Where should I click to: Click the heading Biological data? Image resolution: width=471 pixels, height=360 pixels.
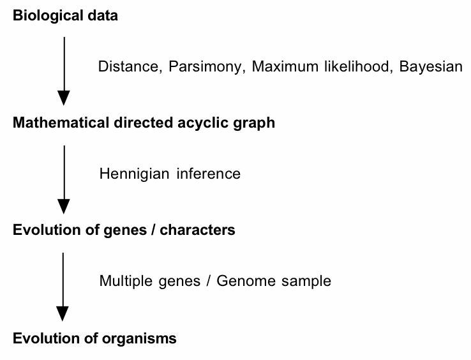pyautogui.click(x=65, y=16)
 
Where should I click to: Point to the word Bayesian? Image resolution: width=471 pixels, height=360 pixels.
pyautogui.click(x=431, y=66)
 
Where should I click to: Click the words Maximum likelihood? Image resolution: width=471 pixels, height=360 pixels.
pyautogui.click(x=322, y=66)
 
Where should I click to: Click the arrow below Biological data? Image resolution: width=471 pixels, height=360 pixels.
pyautogui.click(x=63, y=70)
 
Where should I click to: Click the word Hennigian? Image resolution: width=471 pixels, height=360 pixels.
pyautogui.click(x=131, y=174)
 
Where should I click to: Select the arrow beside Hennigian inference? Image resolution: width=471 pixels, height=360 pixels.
pyautogui.click(x=63, y=179)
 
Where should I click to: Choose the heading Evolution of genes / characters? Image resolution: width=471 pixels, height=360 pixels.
pyautogui.click(x=124, y=230)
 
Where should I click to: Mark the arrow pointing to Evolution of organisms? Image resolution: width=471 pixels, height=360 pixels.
pyautogui.click(x=63, y=286)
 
